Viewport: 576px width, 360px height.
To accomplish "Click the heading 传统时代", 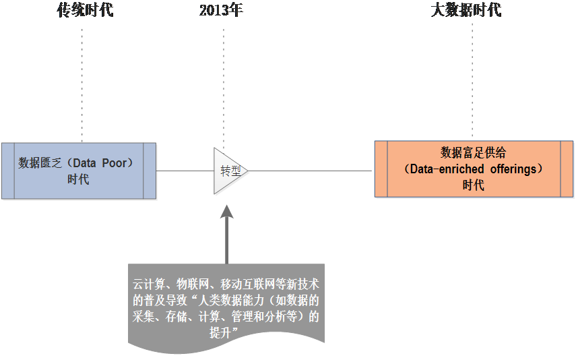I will point(82,10).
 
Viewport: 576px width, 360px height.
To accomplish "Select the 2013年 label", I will point(221,10).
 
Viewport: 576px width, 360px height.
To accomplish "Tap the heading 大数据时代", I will point(466,10).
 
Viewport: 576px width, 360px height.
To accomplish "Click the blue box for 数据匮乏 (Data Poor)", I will point(78,171).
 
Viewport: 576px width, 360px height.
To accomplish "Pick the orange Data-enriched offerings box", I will point(474,169).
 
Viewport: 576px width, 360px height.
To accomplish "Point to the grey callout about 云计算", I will point(226,307).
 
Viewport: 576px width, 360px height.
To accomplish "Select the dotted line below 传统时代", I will point(82,81).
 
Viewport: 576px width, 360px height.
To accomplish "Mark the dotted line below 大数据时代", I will point(472,81).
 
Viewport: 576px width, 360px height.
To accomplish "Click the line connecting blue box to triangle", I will point(185,171).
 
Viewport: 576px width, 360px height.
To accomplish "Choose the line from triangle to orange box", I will point(310,171).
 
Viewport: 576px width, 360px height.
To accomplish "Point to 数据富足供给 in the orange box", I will point(473,153).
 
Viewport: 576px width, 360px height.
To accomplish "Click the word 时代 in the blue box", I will point(78,179).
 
